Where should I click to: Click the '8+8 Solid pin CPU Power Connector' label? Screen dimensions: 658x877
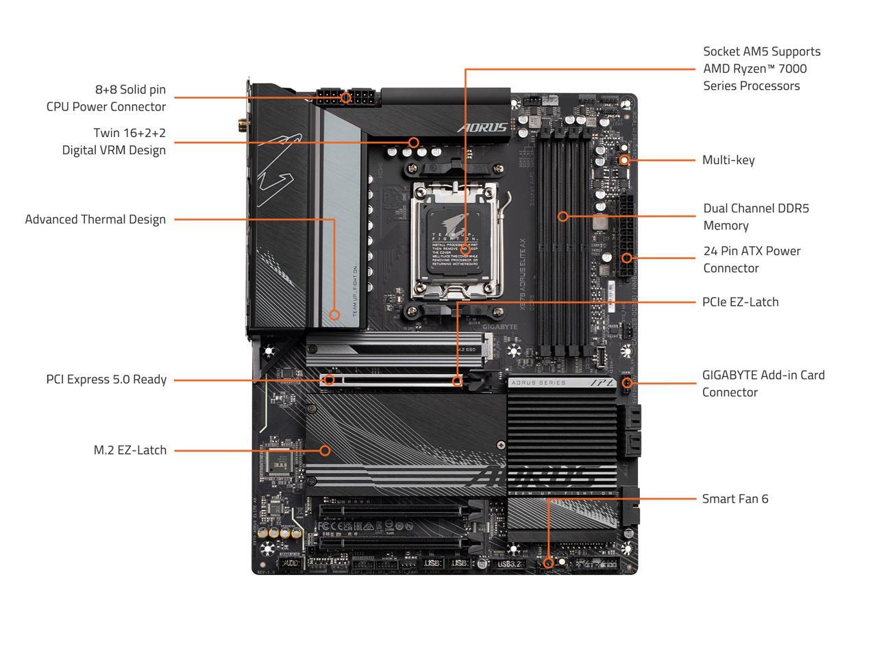coord(106,98)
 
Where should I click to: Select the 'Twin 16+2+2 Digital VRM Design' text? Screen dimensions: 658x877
coord(114,141)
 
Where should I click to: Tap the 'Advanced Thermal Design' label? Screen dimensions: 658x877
coord(95,219)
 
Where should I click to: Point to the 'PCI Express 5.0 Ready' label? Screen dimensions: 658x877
coord(106,379)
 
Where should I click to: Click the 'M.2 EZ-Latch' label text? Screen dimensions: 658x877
coord(130,450)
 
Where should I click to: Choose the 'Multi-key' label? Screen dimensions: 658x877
coord(728,160)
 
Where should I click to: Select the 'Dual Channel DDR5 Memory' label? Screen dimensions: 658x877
coord(756,217)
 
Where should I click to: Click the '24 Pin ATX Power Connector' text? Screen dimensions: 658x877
coord(752,259)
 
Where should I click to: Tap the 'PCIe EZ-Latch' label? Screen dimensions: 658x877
coord(740,302)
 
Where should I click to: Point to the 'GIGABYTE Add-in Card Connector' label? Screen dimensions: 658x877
coord(763,383)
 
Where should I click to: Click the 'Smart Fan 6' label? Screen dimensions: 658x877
coord(735,498)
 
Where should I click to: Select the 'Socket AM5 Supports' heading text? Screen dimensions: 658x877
coord(761,51)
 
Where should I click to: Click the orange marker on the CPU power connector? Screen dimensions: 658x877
coord(346,98)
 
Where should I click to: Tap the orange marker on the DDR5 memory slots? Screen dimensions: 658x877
coord(563,217)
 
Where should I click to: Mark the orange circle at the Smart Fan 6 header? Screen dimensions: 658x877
coord(547,563)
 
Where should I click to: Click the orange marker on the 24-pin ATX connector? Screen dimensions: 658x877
coord(627,258)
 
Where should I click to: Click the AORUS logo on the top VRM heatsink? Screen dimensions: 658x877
coord(482,127)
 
